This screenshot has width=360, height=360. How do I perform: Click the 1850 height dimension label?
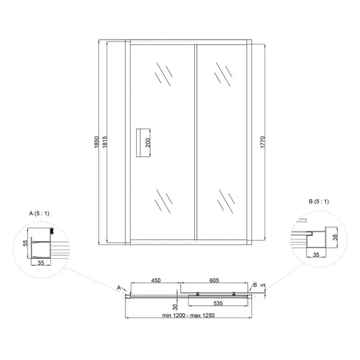click(x=97, y=142)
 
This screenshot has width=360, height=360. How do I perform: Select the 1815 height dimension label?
click(x=104, y=142)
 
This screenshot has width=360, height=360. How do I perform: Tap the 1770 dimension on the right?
click(x=263, y=142)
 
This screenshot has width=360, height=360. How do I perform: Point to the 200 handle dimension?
click(x=148, y=143)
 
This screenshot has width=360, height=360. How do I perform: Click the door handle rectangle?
click(x=143, y=143)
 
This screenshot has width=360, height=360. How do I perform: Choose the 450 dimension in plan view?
click(x=155, y=280)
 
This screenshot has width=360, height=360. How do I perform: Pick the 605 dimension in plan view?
click(x=214, y=280)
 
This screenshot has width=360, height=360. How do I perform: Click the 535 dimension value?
click(x=218, y=303)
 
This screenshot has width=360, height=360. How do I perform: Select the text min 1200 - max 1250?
click(x=188, y=315)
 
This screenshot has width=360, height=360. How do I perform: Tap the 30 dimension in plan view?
click(x=175, y=307)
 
